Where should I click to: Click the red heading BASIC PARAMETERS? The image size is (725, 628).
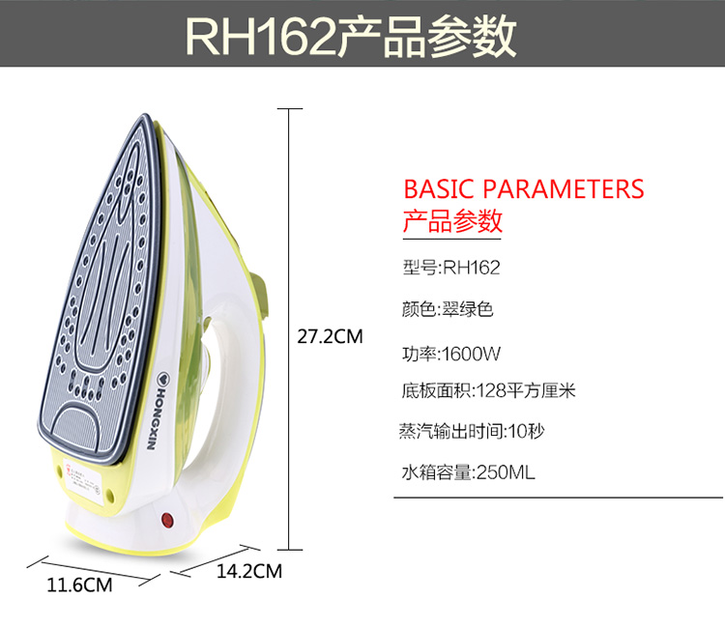[523, 188]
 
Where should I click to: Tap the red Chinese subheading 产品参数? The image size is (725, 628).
[451, 221]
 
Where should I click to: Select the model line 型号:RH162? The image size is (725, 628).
[450, 268]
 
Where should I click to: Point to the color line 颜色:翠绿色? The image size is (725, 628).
[447, 310]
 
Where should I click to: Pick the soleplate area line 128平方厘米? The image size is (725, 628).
[487, 391]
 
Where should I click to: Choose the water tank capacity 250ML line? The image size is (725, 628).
[468, 473]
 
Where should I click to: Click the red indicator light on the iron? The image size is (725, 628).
[167, 521]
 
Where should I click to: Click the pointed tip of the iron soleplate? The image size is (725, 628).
[142, 120]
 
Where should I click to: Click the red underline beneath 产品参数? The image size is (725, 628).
[451, 236]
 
